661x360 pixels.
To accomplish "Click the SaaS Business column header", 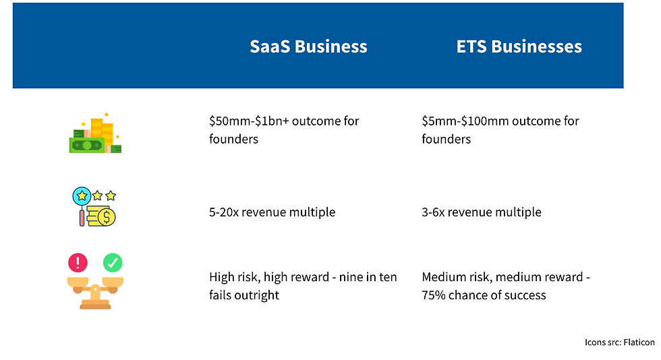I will point(308,47).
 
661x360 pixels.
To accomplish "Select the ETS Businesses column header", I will point(519,47).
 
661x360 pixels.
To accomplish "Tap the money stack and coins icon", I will point(95,135).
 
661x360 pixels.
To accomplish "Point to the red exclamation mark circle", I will point(78,262).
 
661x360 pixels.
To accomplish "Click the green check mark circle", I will point(113,262).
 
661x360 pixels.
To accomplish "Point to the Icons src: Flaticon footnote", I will point(619,342).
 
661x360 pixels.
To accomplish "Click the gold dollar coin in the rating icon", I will point(106,216).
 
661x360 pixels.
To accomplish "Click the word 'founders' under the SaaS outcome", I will point(234,139).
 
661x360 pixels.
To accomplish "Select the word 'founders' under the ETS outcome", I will point(447,139).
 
